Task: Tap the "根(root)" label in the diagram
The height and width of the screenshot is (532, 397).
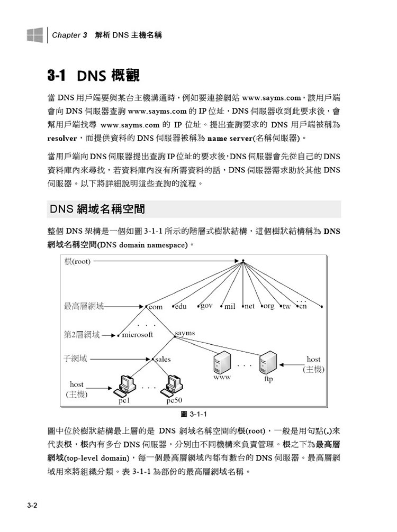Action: [x=77, y=261]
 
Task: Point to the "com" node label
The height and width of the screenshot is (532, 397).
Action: [x=155, y=307]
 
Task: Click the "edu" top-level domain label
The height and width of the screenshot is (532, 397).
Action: [x=182, y=307]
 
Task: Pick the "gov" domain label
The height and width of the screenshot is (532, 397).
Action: [x=206, y=306]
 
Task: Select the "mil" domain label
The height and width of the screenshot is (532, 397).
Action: [x=230, y=307]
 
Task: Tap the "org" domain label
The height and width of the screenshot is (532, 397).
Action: [x=269, y=307]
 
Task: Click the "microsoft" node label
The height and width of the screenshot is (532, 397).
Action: [x=138, y=335]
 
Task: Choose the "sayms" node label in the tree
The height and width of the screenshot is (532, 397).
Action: [x=185, y=334]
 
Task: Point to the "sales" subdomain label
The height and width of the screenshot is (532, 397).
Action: [x=164, y=360]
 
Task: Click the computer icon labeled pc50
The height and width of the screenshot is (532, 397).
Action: [x=174, y=386]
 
